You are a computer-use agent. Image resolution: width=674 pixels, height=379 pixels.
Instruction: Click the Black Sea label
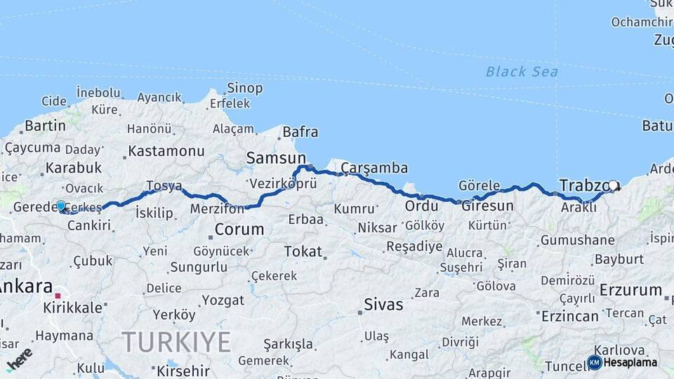pos(522,72)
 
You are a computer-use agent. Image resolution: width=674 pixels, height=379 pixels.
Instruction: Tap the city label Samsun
pos(276,159)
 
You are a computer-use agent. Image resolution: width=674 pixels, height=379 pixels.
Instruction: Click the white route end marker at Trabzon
pos(614,186)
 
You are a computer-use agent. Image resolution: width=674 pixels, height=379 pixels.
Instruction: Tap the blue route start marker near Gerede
pos(61,206)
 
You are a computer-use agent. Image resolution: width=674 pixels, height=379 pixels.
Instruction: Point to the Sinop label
pos(244,88)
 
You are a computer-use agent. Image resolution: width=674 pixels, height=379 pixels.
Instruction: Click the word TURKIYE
pos(176,343)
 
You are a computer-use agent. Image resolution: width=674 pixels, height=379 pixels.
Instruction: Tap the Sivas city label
pos(383,305)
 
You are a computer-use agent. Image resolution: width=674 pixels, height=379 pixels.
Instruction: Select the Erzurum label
pos(631,290)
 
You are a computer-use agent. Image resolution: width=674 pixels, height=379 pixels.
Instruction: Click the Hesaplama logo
pos(623,362)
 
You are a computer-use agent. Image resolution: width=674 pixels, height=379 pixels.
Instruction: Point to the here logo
pos(19,358)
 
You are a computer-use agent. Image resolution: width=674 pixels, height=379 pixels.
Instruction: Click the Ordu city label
pos(421,206)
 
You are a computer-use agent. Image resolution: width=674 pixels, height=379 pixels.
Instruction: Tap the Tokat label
pos(303,251)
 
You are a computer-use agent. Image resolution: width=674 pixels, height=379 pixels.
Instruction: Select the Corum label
pos(239,230)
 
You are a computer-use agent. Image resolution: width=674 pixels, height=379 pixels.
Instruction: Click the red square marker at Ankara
pos(59,296)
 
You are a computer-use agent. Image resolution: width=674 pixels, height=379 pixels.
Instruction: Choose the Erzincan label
pos(569,316)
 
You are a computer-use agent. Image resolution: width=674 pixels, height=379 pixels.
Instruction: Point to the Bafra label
pos(300,132)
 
